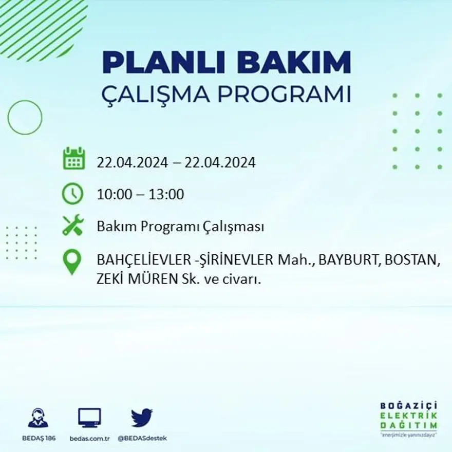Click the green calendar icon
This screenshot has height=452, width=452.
(73, 159)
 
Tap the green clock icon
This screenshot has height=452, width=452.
(72, 194)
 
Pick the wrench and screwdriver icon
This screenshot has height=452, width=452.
(72, 225)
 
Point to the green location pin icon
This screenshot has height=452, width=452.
(72, 261)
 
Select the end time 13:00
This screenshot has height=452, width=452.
(166, 195)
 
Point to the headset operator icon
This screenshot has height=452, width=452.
(38, 419)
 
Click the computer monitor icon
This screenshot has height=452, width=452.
(89, 418)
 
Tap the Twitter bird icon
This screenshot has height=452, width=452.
(142, 418)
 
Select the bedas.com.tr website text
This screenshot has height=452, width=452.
(89, 438)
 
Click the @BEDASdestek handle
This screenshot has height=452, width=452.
(142, 438)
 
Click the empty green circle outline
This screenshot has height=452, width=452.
(25, 118)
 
